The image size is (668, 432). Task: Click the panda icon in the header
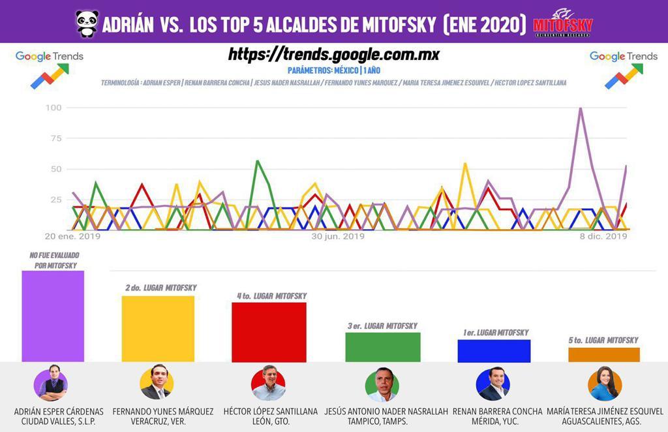tap(87, 23)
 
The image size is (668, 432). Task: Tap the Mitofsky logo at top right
tap(563, 23)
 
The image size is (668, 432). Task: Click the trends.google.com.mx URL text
tap(333, 55)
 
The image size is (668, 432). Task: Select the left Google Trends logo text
tap(50, 56)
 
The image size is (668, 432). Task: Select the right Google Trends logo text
tap(624, 56)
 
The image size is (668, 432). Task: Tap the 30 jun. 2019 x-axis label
tap(337, 236)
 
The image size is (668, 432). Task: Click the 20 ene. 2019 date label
tap(72, 236)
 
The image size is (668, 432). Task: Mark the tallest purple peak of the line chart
tap(581, 108)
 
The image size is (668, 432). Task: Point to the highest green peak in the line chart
tap(258, 161)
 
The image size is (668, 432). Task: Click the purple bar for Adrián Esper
tap(53, 316)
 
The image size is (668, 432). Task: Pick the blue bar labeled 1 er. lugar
tap(494, 350)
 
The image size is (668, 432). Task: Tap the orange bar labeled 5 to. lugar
tap(604, 354)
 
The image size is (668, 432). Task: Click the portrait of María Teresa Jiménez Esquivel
tap(604, 384)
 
